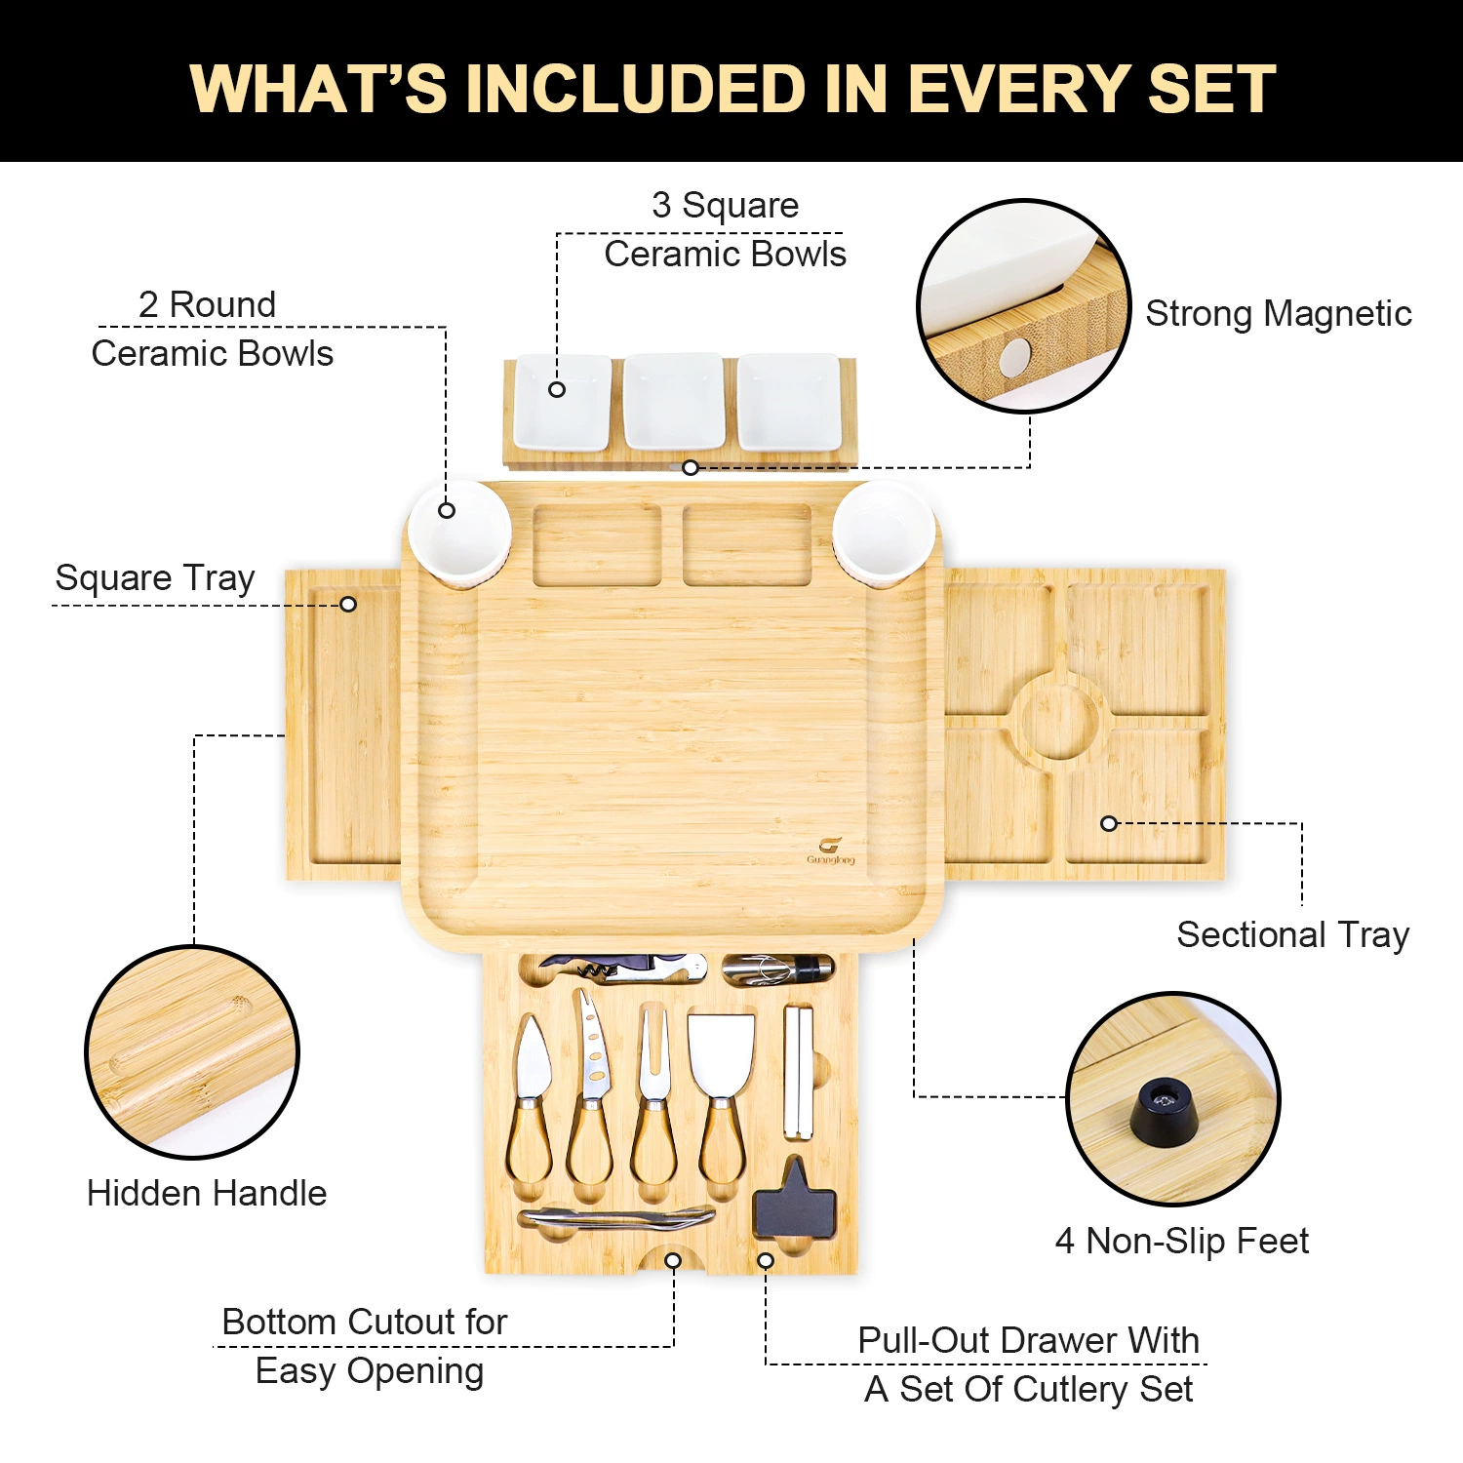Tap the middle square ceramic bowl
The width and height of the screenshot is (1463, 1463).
674,402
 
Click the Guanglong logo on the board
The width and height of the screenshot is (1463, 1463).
830,850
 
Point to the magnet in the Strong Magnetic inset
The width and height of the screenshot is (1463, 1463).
1015,357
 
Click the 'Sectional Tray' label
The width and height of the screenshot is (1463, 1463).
1293,934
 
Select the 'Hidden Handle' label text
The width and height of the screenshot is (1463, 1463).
207,1193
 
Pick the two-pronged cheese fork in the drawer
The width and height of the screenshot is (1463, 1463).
653,1092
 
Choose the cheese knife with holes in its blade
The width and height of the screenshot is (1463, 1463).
590,1087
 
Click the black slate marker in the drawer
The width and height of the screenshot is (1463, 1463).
795,1200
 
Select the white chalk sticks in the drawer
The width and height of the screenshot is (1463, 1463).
798,1072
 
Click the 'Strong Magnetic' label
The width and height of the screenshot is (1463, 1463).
1279,313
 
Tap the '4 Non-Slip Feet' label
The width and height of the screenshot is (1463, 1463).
1182,1241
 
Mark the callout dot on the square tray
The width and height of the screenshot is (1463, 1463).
348,605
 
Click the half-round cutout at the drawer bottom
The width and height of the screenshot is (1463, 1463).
673,1259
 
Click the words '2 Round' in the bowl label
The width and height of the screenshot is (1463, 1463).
208,304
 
